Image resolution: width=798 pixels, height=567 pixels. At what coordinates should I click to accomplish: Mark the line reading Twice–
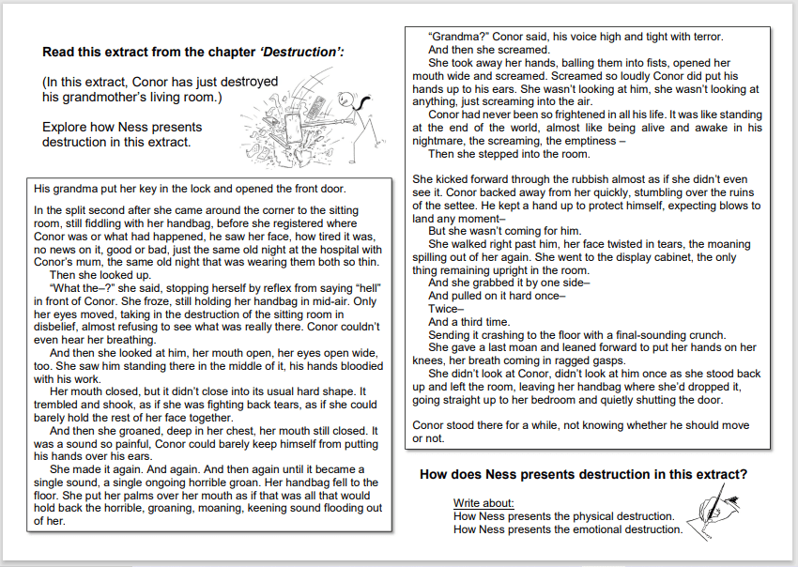(x=446, y=309)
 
